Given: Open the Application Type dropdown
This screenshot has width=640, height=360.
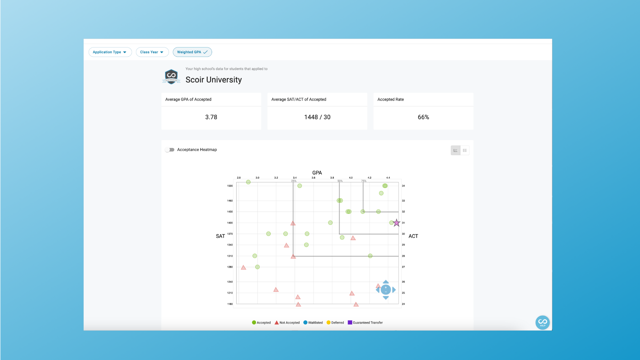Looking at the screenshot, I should click(110, 52).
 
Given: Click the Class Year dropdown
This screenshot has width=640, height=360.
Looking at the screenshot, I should click(152, 52).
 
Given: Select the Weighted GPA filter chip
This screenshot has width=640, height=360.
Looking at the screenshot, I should click(192, 52).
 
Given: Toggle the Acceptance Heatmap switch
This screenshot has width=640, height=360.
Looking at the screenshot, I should click(170, 150).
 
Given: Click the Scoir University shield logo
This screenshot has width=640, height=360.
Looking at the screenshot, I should click(171, 77).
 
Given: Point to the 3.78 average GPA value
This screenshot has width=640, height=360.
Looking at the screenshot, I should click(211, 117).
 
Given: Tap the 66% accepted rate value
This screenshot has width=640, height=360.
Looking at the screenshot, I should click(423, 117).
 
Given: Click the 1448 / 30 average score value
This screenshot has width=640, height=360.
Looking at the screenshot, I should click(317, 117).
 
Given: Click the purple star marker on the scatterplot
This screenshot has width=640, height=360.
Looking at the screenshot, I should click(396, 223).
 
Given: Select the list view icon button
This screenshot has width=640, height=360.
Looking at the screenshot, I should click(465, 150).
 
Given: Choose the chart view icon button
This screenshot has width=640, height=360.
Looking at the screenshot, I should click(455, 150).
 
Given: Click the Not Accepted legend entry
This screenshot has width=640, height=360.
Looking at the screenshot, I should click(287, 323).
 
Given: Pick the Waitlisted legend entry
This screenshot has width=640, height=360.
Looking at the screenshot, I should click(313, 323).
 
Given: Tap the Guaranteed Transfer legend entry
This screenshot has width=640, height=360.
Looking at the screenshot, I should click(365, 323).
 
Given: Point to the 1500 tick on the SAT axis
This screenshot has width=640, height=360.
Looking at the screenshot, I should click(230, 186).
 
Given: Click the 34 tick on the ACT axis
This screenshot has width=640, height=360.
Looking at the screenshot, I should click(403, 186).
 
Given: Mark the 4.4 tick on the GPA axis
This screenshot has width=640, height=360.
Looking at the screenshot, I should click(388, 178).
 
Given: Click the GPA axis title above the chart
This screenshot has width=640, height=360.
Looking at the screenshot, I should click(317, 173).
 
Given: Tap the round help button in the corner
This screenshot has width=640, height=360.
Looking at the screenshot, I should click(542, 322).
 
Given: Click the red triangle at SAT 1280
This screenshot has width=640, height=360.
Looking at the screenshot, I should click(244, 268).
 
